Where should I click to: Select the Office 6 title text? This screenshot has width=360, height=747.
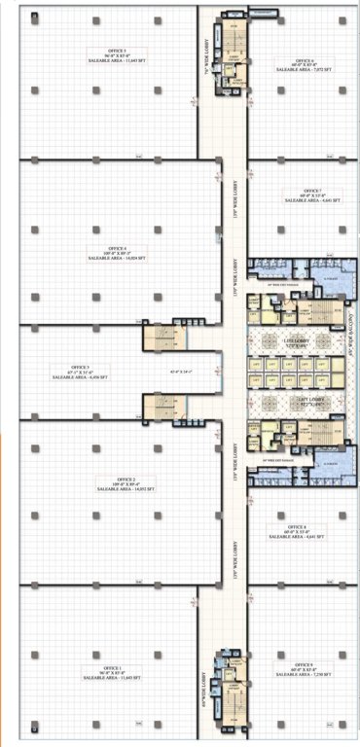[x=303, y=57]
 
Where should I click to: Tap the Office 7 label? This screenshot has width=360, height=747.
[x=311, y=190]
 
